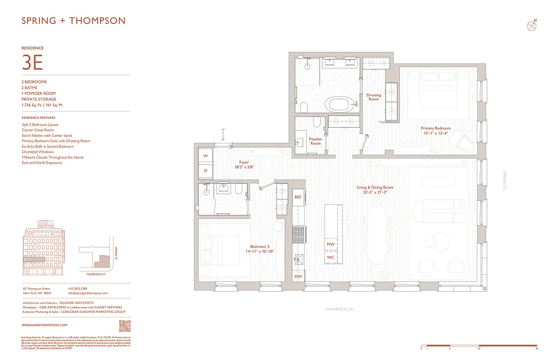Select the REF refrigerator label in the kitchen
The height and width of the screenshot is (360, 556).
click(x=298, y=197)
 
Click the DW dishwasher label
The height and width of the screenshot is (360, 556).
click(x=298, y=276)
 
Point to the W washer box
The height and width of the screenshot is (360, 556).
click(x=206, y=156)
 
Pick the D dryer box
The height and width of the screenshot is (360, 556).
click(x=206, y=171)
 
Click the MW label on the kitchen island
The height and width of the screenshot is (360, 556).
click(x=331, y=244)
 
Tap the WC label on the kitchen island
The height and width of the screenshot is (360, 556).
click(x=331, y=257)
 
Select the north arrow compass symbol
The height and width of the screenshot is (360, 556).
click(x=531, y=26)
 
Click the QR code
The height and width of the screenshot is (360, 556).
click(x=125, y=325)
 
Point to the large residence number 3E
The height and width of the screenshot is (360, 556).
click(x=32, y=63)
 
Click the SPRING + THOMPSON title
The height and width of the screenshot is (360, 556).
click(x=73, y=21)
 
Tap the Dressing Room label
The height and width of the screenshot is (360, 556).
click(x=373, y=97)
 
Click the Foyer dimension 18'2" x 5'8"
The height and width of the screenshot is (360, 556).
click(x=244, y=167)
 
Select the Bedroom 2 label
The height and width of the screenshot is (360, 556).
click(x=260, y=247)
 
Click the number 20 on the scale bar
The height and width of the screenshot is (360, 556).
click(x=537, y=348)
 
